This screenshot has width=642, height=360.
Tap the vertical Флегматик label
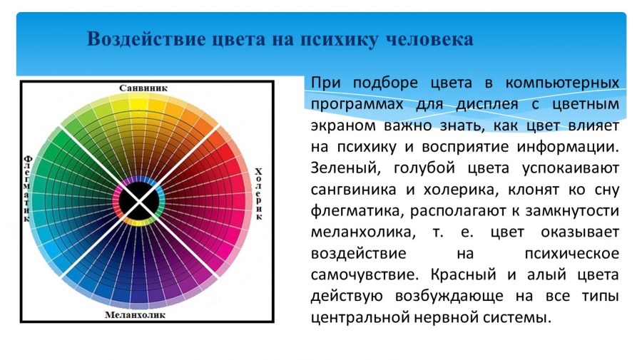click(x=28, y=189)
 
